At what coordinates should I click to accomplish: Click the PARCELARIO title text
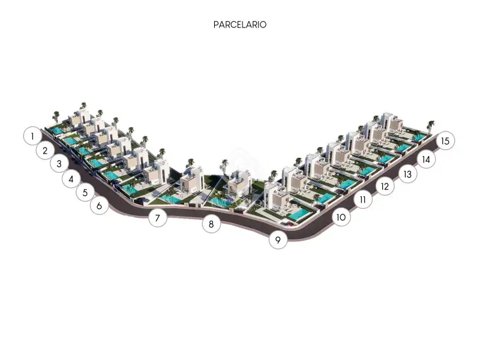point(240,25)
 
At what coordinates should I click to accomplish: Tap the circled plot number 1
point(32,136)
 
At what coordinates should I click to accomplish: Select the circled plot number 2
point(46,151)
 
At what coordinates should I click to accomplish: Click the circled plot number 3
point(59,164)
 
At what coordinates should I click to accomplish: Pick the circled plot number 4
point(71,179)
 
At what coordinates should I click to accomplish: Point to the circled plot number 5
point(85,192)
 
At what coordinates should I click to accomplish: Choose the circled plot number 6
point(99,205)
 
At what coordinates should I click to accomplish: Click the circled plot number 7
point(157,218)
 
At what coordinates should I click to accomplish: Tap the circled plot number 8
point(211,224)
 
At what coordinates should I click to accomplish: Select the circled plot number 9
point(278,239)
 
